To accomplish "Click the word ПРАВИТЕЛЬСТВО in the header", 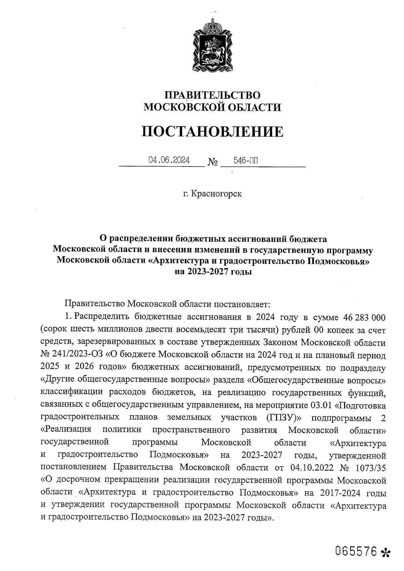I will [212, 95].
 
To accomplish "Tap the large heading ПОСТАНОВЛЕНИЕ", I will [212, 131].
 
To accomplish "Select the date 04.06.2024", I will [169, 160].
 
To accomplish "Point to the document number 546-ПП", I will [246, 160].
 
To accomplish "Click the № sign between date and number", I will [213, 163].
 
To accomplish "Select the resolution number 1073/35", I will [370, 468].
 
